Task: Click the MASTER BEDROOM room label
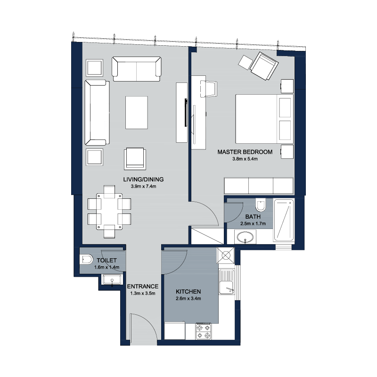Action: tap(245, 152)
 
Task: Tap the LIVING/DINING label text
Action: tap(143, 180)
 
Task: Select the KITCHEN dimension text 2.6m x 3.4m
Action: tap(188, 299)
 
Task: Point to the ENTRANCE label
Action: tap(143, 287)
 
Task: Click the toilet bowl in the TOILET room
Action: tap(86, 260)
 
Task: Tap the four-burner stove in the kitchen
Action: tap(204, 331)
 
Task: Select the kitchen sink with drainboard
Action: tap(227, 282)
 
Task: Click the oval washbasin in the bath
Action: tap(245, 237)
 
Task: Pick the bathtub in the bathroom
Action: tap(284, 220)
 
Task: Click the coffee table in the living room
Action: tap(137, 113)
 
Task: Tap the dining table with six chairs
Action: tap(109, 211)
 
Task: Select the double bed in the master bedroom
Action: tap(264, 119)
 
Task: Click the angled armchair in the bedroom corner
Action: tap(264, 66)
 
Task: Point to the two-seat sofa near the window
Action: tap(137, 69)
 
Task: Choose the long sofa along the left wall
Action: tap(97, 113)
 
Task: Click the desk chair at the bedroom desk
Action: tap(208, 89)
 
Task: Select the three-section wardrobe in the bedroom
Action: tap(259, 186)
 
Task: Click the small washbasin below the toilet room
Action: tap(112, 280)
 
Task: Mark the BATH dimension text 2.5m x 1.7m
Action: tap(253, 223)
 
